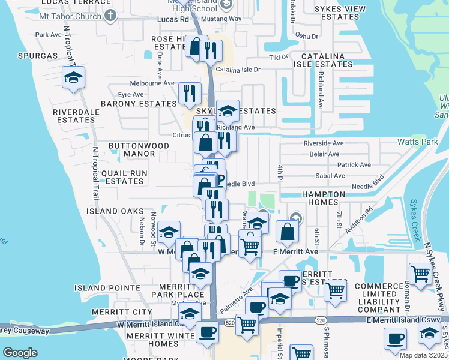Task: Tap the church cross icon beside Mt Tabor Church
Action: tap(109, 15)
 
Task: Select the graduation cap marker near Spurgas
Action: tap(73, 78)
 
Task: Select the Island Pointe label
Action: tap(100, 288)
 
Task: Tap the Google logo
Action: tap(20, 353)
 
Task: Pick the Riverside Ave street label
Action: tap(324, 143)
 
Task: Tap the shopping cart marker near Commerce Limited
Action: tap(420, 274)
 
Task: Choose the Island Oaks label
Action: tap(115, 211)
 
